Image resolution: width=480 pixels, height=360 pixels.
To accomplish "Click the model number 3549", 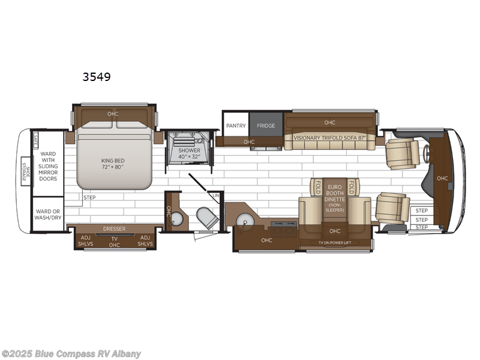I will tap(97, 77).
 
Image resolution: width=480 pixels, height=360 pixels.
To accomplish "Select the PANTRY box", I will tap(235, 125).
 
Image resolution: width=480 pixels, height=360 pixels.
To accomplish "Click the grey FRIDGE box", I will tap(266, 125).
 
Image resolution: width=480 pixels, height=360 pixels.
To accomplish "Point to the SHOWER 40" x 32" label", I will tap(190, 154).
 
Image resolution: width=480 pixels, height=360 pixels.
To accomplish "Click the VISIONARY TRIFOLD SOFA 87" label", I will tap(329, 137).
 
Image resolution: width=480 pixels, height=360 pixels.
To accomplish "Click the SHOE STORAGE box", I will tap(26, 172).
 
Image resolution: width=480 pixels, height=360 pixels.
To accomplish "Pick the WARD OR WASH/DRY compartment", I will tap(48, 214).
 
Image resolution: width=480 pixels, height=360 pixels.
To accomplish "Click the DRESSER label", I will tap(114, 229).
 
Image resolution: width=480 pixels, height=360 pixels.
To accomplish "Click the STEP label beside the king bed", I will tap(89, 197).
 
